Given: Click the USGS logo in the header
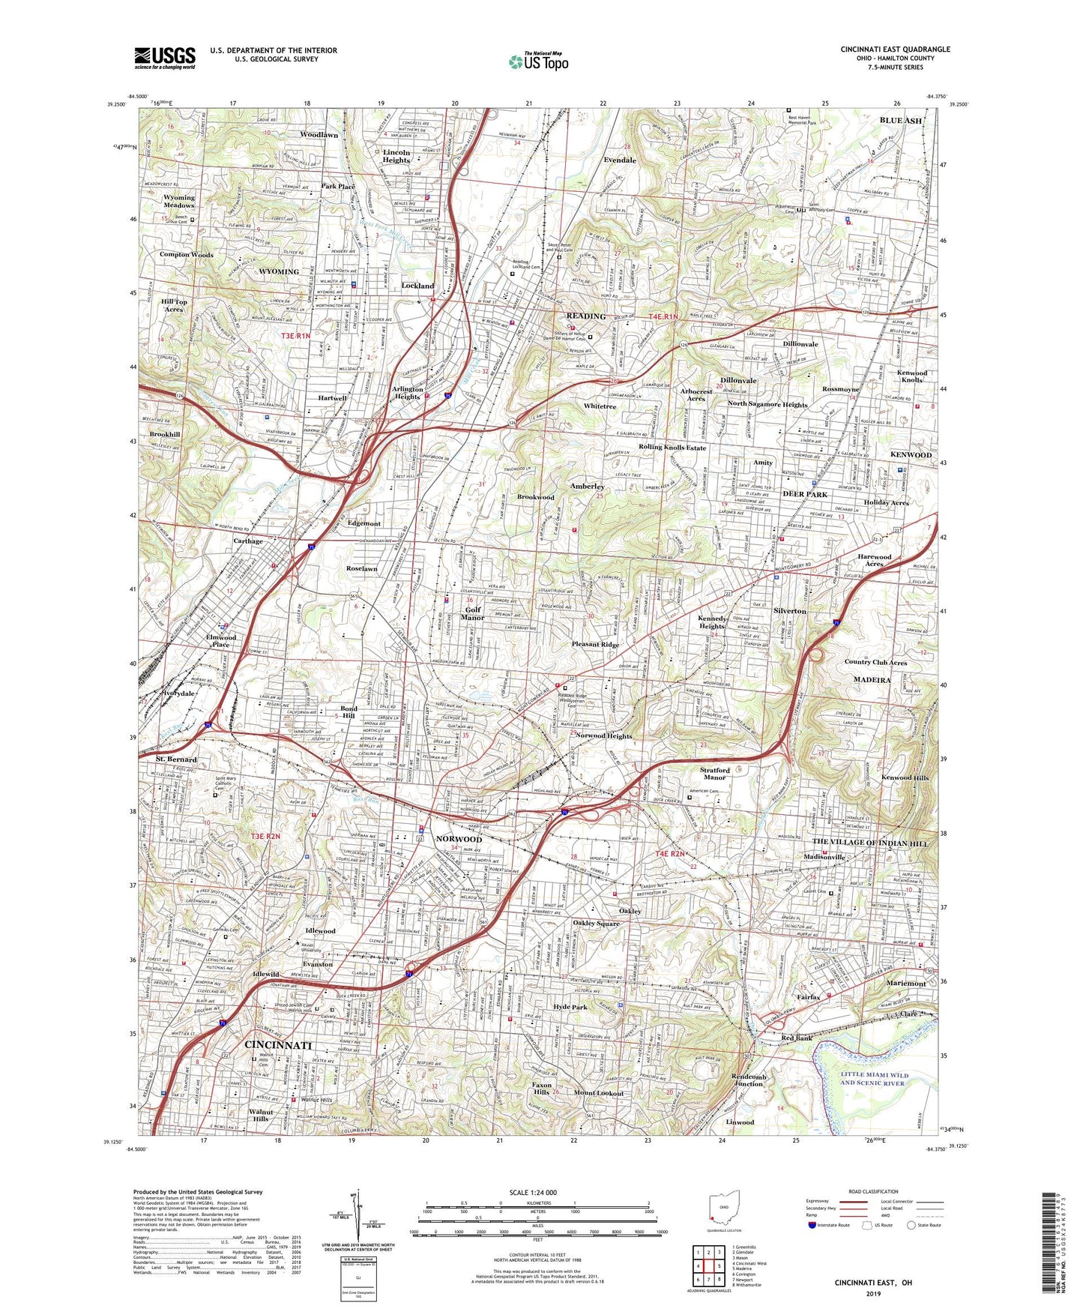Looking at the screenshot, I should [x=164, y=57].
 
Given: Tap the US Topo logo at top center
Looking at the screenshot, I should [x=537, y=61].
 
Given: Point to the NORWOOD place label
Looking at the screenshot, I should [x=459, y=839].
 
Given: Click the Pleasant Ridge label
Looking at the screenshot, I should [x=595, y=644].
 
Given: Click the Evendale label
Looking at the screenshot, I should [x=620, y=160].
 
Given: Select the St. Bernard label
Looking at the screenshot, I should [x=176, y=759].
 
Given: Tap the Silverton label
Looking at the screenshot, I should [x=790, y=611].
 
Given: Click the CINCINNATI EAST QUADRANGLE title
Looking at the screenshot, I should [x=895, y=49].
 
